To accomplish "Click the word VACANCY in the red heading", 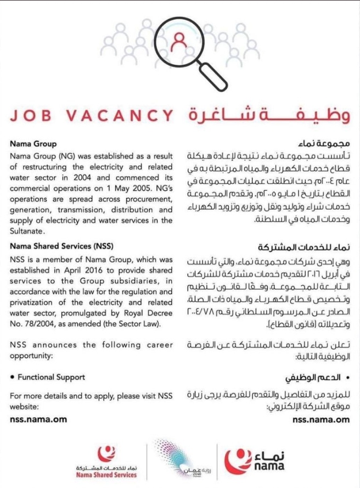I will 127,116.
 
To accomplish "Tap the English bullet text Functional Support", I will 51,377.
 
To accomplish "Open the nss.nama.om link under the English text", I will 38,419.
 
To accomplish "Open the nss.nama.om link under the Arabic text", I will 320,419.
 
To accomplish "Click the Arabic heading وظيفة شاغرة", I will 268,115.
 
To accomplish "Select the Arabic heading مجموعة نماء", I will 325,144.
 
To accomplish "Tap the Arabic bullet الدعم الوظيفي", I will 318,378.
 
